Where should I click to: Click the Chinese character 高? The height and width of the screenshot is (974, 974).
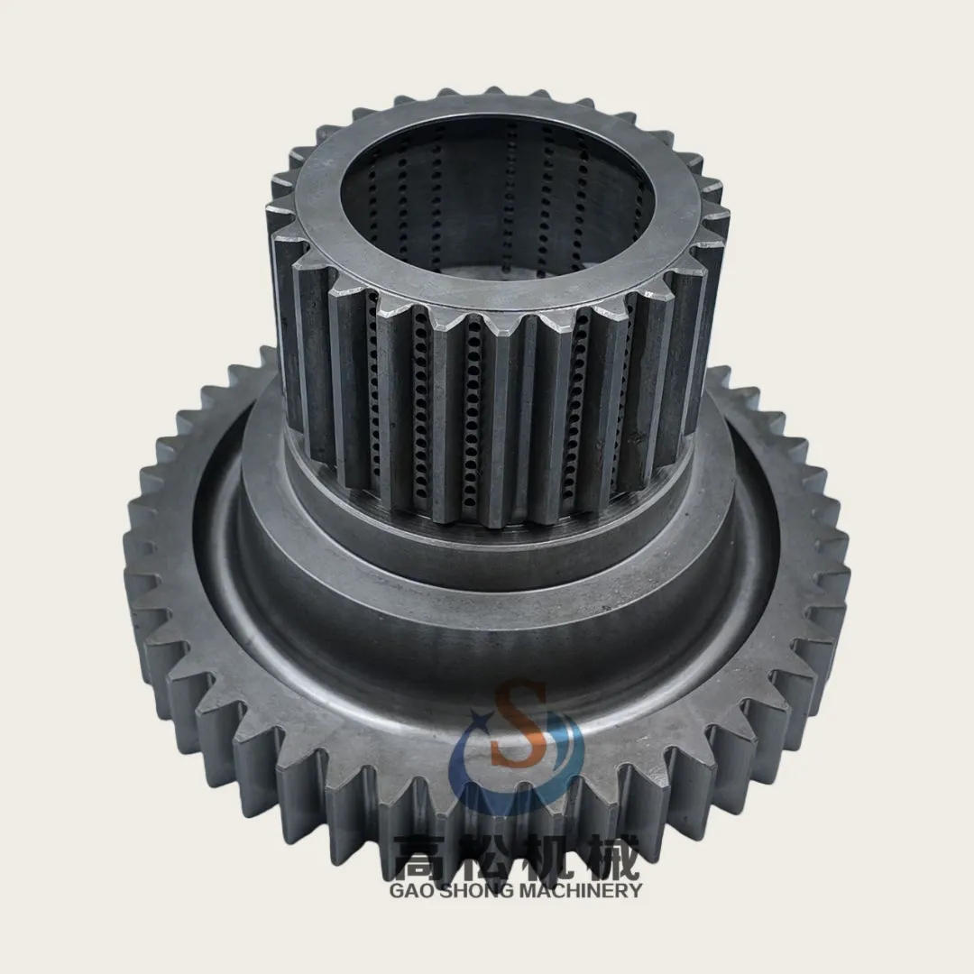(422, 857)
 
